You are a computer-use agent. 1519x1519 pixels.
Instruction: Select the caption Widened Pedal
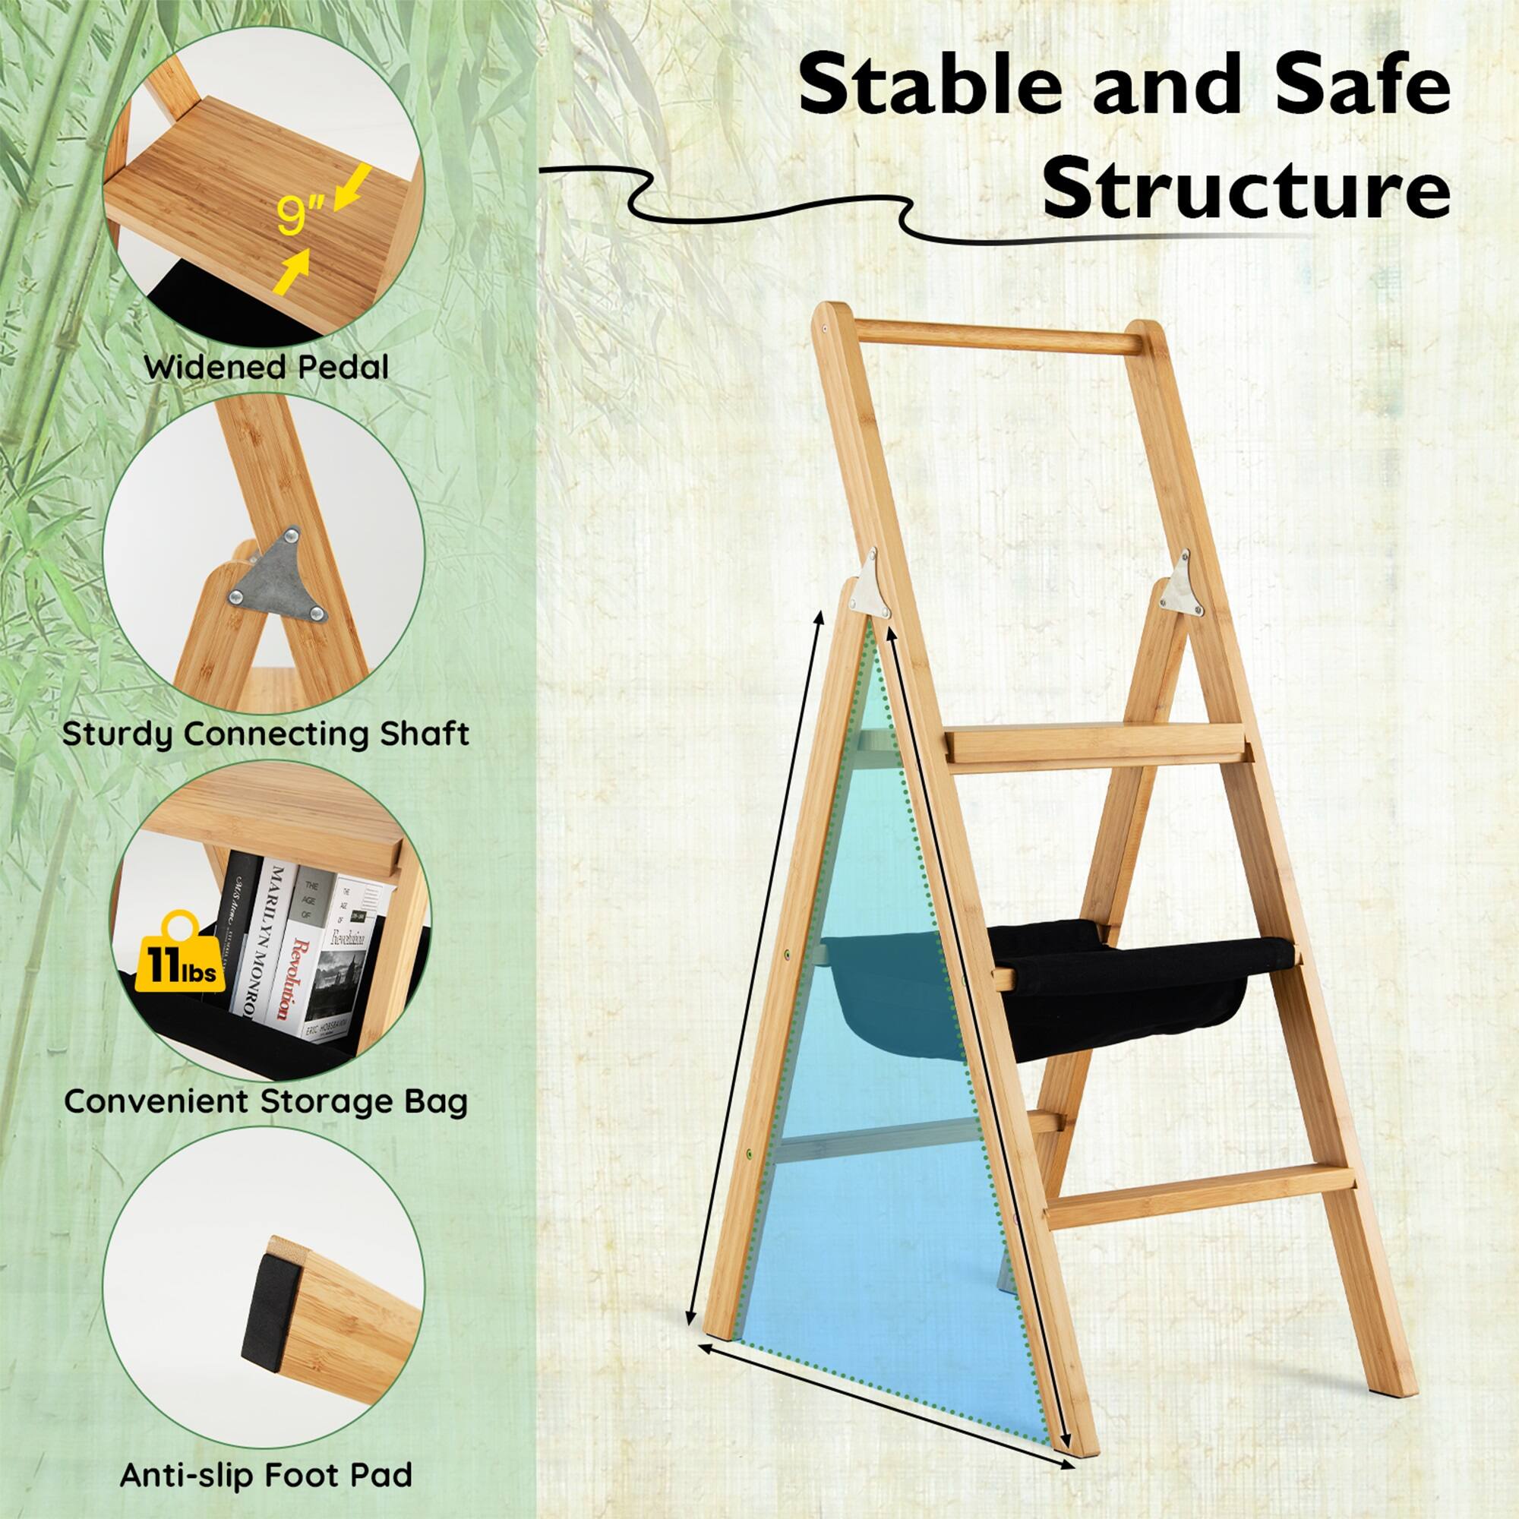tap(266, 367)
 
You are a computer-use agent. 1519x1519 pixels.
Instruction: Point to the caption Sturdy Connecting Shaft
tap(266, 734)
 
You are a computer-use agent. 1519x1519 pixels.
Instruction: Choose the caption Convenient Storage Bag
tap(266, 1101)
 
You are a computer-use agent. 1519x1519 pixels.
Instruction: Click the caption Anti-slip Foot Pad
tap(266, 1475)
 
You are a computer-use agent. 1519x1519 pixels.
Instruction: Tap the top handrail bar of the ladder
tap(999, 336)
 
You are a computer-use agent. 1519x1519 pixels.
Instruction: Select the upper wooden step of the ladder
tap(1097, 743)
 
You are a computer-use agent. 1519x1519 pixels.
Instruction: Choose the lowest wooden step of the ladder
tap(1199, 1202)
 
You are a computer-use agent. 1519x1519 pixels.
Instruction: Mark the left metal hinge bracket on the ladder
tap(871, 583)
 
